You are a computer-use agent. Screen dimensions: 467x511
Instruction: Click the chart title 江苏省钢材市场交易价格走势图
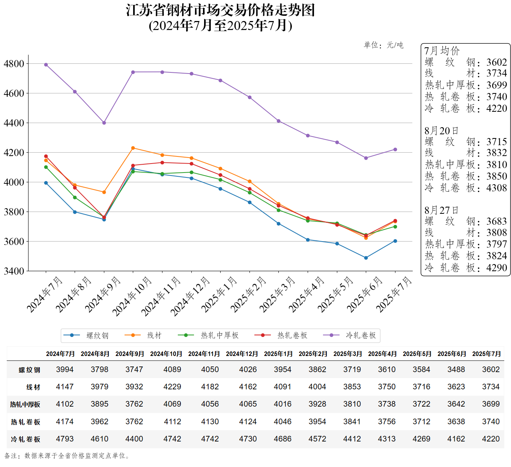tap(220, 11)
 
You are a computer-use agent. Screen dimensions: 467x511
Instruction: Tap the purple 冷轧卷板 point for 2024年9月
tap(104, 123)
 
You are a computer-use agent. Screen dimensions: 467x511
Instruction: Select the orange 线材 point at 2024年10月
tap(133, 148)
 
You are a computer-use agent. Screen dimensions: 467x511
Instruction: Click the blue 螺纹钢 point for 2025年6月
tap(366, 258)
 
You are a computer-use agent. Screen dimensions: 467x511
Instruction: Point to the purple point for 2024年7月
tap(46, 65)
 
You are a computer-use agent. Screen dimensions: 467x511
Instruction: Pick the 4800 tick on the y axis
tap(14, 63)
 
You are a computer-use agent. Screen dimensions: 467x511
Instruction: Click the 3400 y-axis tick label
tap(14, 271)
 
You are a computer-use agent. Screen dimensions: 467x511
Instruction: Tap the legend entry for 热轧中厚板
tap(219, 335)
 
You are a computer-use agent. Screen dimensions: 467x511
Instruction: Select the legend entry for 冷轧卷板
tap(360, 335)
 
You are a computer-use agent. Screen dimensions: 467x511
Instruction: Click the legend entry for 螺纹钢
tap(97, 335)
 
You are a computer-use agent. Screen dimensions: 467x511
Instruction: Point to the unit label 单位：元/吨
tap(383, 45)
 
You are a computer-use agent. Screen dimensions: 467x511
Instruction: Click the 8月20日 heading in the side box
tap(441, 131)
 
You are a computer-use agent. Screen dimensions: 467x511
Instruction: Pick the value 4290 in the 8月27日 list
tap(496, 268)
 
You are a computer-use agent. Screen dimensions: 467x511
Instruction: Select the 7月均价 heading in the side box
tap(442, 51)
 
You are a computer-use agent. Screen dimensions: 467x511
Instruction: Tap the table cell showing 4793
tap(65, 439)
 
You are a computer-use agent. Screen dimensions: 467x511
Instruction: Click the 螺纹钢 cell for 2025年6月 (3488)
tap(456, 369)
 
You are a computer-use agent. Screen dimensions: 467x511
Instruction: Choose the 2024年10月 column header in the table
tap(166, 354)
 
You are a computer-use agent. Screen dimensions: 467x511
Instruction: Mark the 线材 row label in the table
tap(33, 387)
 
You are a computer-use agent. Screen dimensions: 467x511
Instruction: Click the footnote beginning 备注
tap(68, 456)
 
